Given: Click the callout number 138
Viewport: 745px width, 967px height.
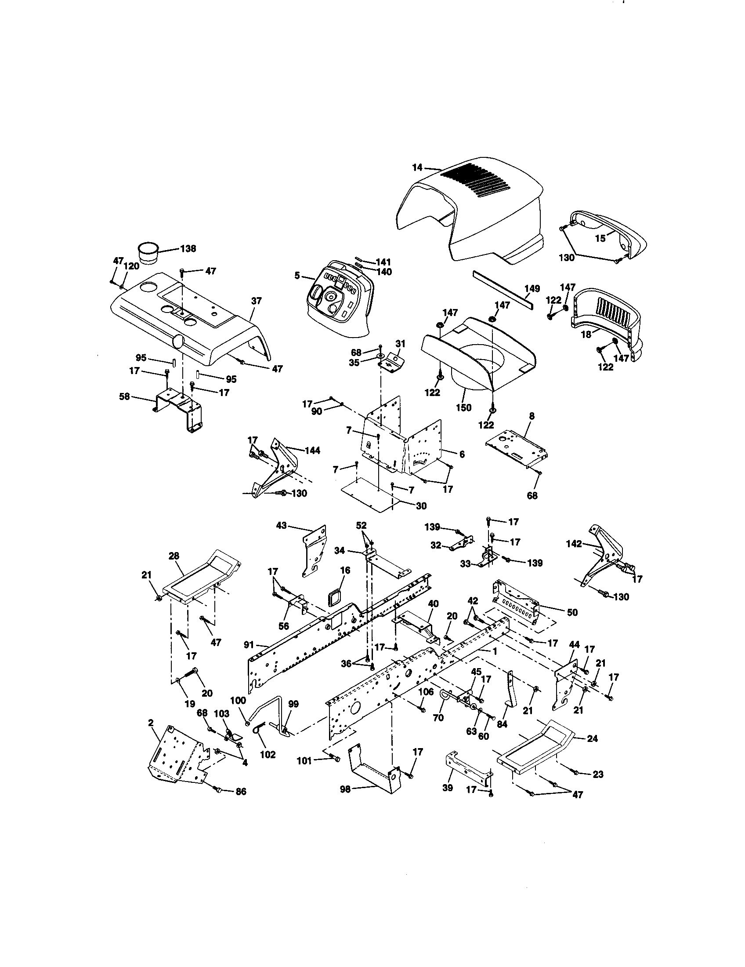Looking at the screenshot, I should coord(188,249).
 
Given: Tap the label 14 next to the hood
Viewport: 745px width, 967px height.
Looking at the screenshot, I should coord(417,167).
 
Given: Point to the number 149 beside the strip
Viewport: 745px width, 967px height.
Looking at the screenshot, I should coord(532,289).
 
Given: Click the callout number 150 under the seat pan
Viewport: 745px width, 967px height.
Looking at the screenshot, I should coord(463,407).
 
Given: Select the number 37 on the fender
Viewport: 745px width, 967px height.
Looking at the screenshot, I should coord(256,301).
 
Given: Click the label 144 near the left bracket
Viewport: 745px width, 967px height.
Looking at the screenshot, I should coord(312,451).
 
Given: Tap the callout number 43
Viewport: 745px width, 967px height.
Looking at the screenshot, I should coord(282,526).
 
